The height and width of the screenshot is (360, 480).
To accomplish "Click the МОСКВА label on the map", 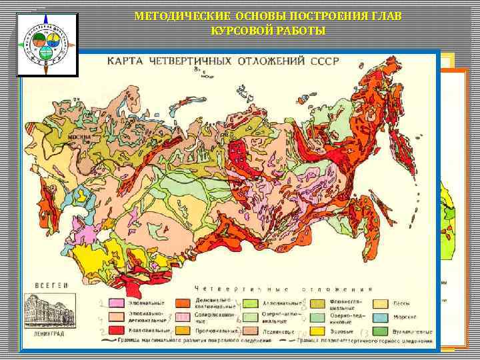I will point(79,139).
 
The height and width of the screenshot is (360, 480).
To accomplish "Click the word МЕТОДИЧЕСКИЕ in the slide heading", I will point(175,16).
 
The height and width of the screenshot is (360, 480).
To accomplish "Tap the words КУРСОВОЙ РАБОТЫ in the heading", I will point(267,31).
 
